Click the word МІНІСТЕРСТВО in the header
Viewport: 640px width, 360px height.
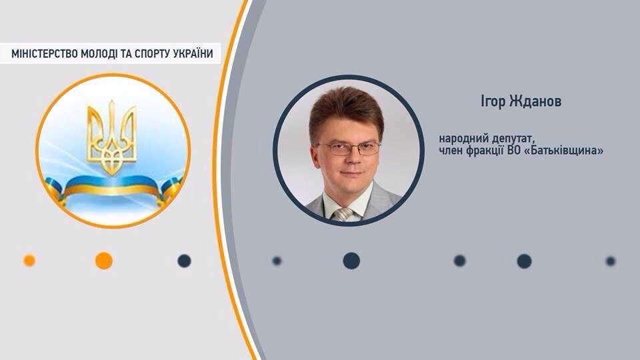[43, 54]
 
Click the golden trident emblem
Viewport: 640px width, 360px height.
[111, 137]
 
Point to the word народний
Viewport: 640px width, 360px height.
[462, 138]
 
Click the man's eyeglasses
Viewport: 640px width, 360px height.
[348, 148]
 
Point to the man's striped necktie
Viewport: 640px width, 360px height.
[343, 213]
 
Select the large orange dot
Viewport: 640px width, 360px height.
[103, 261]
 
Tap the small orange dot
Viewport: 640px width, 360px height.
[29, 261]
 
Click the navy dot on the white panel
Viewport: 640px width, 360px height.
[184, 261]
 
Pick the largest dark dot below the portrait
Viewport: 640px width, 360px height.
[351, 261]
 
